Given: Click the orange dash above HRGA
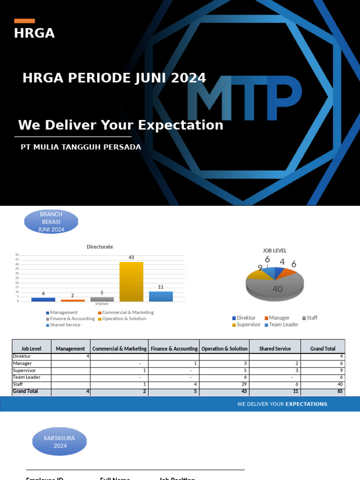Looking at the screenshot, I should click(x=24, y=21).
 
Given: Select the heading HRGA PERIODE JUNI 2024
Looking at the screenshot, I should click(x=114, y=78).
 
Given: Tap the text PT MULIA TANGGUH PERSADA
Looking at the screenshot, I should click(x=81, y=147).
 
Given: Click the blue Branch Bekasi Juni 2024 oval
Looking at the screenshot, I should click(x=51, y=222).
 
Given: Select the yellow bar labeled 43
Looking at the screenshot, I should click(x=131, y=281).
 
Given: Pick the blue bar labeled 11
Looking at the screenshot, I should click(x=161, y=296).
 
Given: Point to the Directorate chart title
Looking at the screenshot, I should click(x=99, y=247).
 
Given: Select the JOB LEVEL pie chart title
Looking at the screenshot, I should click(x=275, y=251).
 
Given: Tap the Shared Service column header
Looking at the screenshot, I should click(x=275, y=349).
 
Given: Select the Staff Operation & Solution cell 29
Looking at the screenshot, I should click(x=224, y=384).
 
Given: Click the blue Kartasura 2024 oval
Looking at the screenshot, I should click(x=60, y=442).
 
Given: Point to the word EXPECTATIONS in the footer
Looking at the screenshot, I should click(x=306, y=404).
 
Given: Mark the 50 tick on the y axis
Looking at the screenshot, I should click(x=17, y=255).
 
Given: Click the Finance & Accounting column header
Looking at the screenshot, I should click(x=173, y=349).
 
